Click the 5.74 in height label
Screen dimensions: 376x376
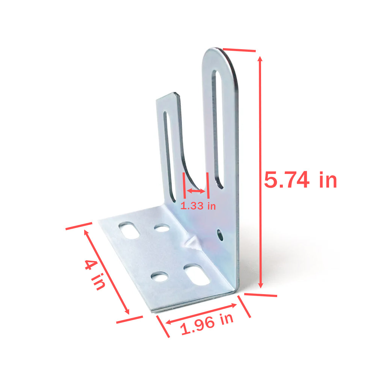[x=300, y=180]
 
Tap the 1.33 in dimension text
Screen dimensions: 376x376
[x=198, y=206]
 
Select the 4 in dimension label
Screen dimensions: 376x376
[x=95, y=275]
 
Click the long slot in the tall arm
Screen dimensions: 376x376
[x=218, y=130]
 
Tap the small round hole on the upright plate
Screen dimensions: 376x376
[x=220, y=235]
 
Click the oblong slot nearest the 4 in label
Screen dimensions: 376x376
[x=129, y=230]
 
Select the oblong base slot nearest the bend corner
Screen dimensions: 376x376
[x=196, y=275]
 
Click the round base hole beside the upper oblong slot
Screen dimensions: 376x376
[x=162, y=228]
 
